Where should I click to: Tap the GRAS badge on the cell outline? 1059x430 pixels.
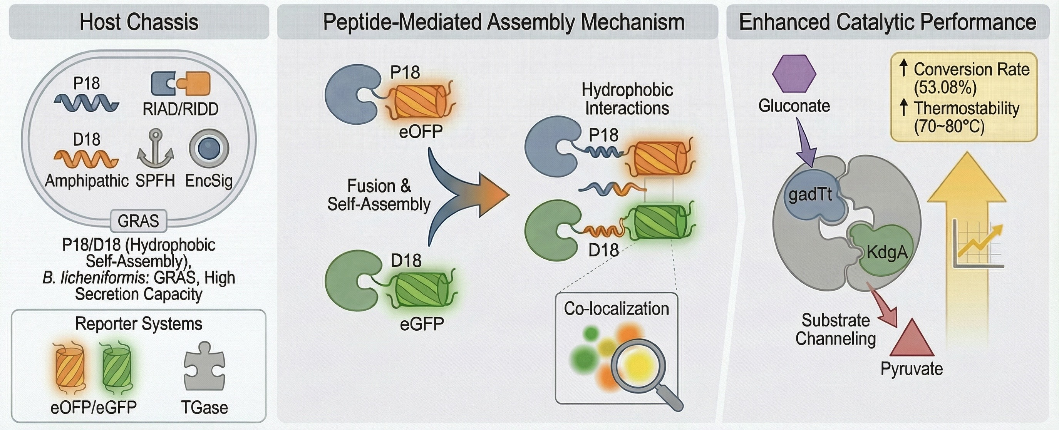(x=139, y=221)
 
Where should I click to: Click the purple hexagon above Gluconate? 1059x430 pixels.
(x=794, y=74)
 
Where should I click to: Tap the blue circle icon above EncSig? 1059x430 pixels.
(x=209, y=149)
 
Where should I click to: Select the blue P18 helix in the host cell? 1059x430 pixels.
(x=86, y=102)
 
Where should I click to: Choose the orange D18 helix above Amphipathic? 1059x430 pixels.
(x=86, y=159)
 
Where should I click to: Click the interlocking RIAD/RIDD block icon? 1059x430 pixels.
(x=181, y=84)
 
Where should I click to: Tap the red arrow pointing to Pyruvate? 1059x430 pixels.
(x=883, y=307)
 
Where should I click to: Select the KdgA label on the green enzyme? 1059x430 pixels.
(x=887, y=252)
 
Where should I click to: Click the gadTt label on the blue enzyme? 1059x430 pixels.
(x=810, y=194)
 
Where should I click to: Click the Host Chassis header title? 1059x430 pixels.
(x=139, y=22)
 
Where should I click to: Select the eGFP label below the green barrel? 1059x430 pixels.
(x=422, y=325)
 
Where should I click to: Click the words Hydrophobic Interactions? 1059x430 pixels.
(x=627, y=99)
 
